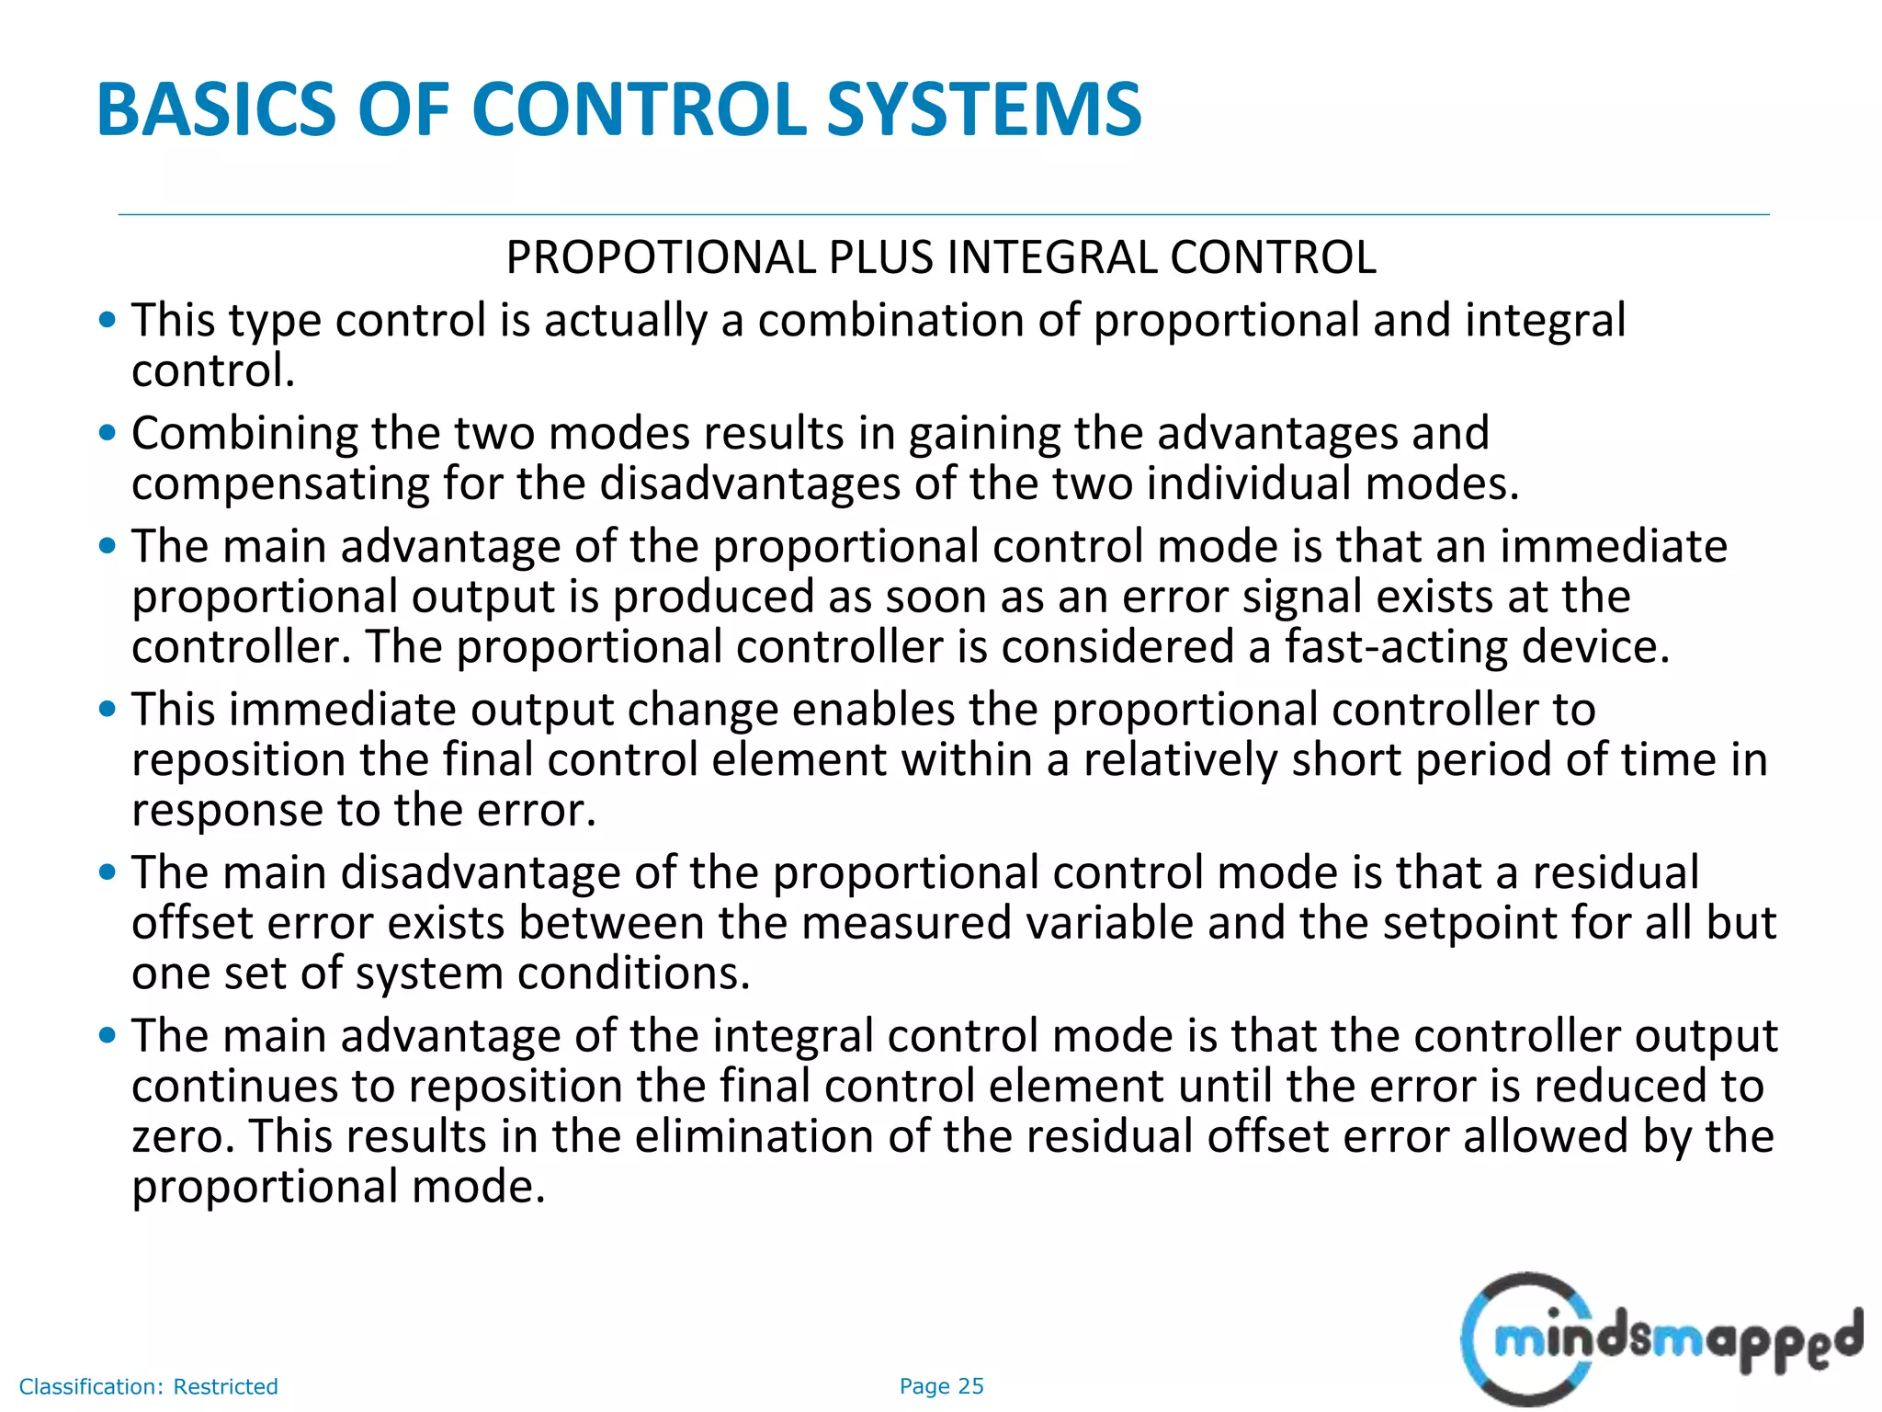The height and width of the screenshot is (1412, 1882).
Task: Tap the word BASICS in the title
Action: [217, 109]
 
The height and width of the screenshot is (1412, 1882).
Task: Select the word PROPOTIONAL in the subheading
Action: [661, 257]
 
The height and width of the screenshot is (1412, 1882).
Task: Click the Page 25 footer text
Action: [941, 1386]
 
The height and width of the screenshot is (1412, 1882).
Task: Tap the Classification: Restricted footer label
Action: [148, 1386]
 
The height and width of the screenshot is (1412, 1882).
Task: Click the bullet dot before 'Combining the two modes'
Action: [108, 432]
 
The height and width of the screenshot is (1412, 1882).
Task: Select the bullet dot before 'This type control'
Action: [108, 320]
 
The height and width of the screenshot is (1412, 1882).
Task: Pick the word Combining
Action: [244, 434]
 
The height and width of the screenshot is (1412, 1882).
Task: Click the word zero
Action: [183, 1136]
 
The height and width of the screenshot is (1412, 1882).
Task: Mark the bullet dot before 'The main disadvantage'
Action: [108, 871]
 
